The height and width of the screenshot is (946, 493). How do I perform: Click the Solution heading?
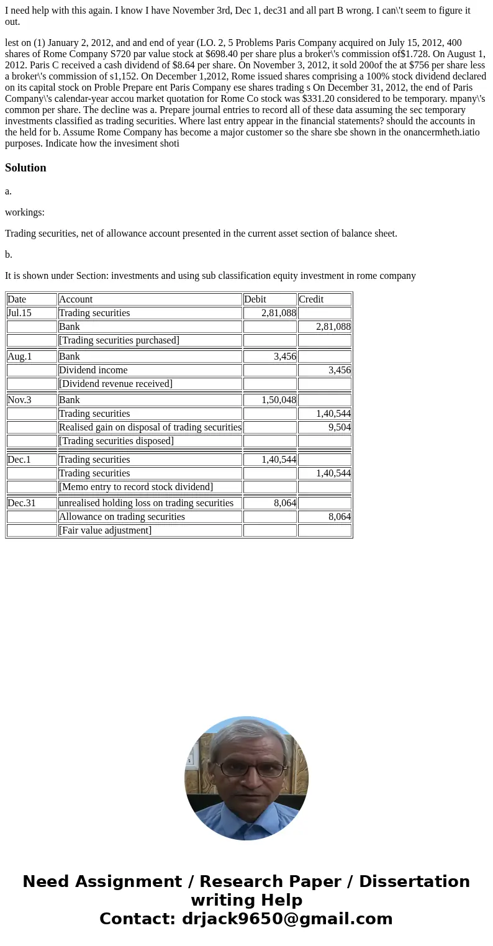click(x=25, y=168)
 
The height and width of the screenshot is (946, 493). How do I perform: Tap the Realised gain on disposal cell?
click(x=150, y=427)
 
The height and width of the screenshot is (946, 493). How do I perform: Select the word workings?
click(x=25, y=212)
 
